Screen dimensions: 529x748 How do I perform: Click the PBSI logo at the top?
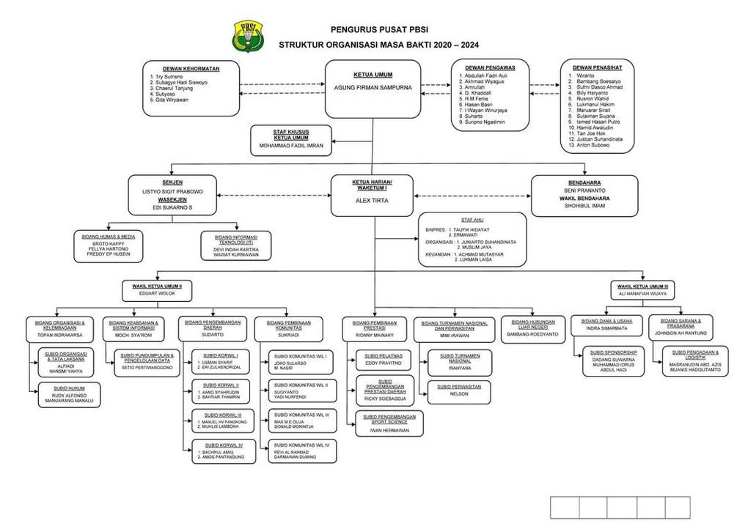click(x=244, y=36)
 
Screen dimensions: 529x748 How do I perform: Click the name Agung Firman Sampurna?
click(x=373, y=86)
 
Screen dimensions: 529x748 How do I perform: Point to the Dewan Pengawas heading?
click(x=490, y=67)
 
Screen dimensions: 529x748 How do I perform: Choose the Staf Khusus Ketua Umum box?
click(x=291, y=139)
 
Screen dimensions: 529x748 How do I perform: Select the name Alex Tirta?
click(x=372, y=199)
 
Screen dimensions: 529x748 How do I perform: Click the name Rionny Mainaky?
click(x=375, y=334)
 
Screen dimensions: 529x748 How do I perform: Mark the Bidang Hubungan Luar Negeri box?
click(x=533, y=329)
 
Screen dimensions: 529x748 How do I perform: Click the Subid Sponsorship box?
click(x=614, y=361)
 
